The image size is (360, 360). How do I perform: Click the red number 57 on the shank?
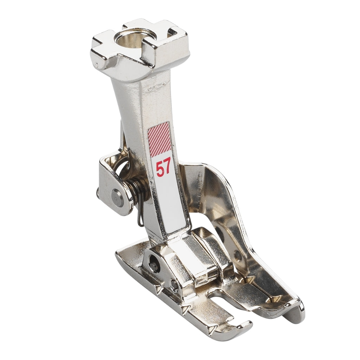163,168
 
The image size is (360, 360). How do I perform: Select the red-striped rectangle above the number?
159,137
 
